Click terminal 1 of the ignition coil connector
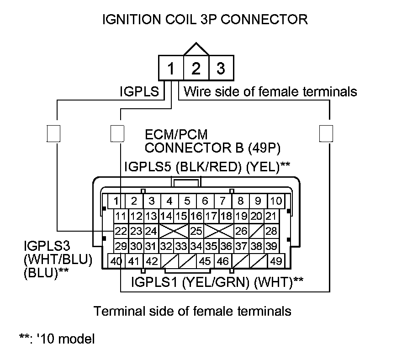(x=170, y=69)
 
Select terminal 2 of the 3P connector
(x=196, y=69)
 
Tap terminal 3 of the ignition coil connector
(x=221, y=69)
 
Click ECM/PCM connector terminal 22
(x=121, y=231)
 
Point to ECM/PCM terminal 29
(x=121, y=246)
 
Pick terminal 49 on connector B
(x=275, y=262)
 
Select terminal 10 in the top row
(x=275, y=201)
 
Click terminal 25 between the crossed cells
(x=196, y=231)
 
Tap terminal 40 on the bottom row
(x=116, y=262)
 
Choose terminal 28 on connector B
(x=271, y=231)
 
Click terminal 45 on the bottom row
(x=205, y=262)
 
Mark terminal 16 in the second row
(x=196, y=216)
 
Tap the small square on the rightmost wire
(x=326, y=133)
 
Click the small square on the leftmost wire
(x=54, y=133)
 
